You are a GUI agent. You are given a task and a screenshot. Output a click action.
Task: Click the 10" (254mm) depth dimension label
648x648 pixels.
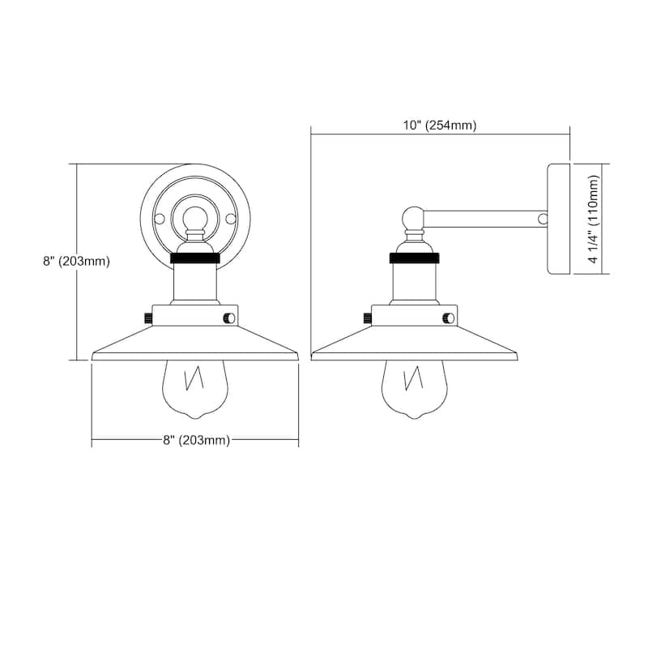(441, 126)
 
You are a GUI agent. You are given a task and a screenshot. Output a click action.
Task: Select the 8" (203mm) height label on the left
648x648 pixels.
(77, 262)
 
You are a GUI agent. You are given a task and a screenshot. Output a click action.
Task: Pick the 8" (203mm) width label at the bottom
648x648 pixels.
(195, 441)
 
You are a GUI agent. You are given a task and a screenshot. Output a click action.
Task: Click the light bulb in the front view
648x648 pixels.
(195, 387)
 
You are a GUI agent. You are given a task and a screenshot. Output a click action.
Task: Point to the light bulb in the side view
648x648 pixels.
(414, 387)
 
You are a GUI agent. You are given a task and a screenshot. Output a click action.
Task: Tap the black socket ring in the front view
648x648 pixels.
(195, 260)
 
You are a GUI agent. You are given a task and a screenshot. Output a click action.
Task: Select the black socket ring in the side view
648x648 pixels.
(414, 260)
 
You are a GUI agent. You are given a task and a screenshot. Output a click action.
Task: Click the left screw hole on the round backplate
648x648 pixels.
(160, 219)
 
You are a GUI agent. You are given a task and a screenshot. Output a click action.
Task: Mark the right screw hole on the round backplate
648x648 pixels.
(231, 219)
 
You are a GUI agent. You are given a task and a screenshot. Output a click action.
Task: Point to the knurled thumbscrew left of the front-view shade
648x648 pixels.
(148, 317)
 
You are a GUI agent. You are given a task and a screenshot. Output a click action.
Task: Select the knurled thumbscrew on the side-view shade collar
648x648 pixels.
(367, 317)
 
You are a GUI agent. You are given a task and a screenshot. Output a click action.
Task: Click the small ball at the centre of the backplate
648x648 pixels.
(195, 219)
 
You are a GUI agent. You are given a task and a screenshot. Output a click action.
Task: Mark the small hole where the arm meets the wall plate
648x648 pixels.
(543, 218)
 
